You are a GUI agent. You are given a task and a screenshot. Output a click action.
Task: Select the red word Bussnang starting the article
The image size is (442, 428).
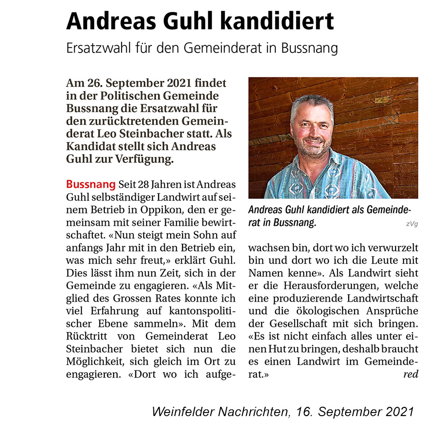pyautogui.click(x=91, y=184)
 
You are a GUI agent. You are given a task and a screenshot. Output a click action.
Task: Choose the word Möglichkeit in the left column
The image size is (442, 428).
pyautogui.click(x=92, y=362)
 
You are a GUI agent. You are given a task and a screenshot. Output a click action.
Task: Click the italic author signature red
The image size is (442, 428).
pyautogui.click(x=411, y=375)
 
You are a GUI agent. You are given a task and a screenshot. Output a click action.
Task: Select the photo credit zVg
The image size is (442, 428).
pyautogui.click(x=412, y=224)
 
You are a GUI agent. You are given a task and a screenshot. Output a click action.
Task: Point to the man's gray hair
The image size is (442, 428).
pyautogui.click(x=312, y=104)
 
